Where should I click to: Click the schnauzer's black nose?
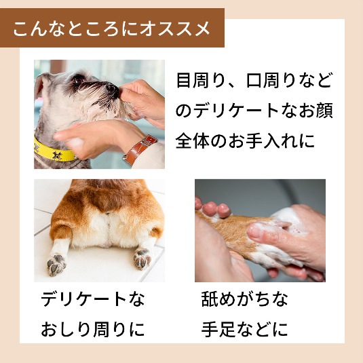[x=113, y=89]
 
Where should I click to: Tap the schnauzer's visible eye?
[x=78, y=81]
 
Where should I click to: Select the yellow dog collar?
[x=54, y=151]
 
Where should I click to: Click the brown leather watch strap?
[x=140, y=149]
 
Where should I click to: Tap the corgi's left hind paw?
[x=56, y=264]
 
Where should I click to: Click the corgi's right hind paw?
[x=142, y=258]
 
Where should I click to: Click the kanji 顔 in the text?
[x=324, y=111]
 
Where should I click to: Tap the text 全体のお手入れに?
[x=245, y=140]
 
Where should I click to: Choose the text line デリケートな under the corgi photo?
[x=92, y=299]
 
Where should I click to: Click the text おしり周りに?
[x=92, y=329]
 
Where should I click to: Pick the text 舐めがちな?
[x=244, y=299]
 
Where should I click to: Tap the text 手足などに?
[x=244, y=329]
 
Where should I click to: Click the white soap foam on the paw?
[x=289, y=220]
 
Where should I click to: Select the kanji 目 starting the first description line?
[x=183, y=80]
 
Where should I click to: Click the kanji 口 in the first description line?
[x=254, y=81]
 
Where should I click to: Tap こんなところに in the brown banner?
[x=76, y=28]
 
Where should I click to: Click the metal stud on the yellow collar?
[x=57, y=155]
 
